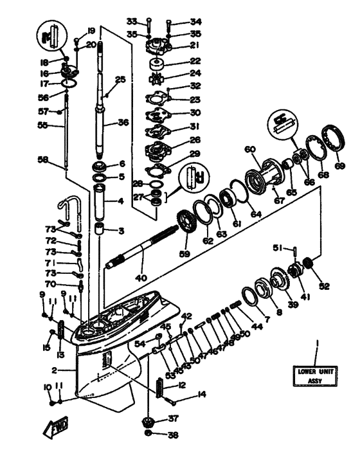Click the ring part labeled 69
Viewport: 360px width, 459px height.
point(336,139)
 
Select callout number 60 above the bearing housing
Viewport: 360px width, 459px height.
point(251,149)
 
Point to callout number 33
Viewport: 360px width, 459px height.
point(131,21)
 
